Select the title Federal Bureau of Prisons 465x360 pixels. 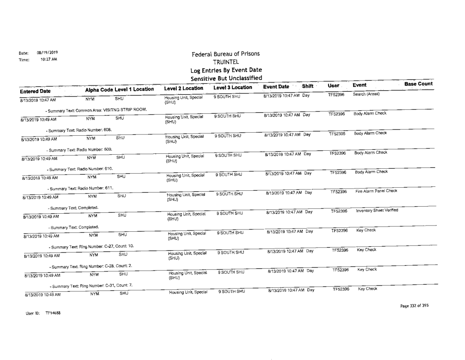pos(225,54)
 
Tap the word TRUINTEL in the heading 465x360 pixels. pos(225,62)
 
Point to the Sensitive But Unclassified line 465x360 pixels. pos(225,78)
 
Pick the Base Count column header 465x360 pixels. pos(418,84)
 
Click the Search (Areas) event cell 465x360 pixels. pos(368,94)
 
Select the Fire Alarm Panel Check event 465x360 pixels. pos(376,191)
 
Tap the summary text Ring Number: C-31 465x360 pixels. pos(91,286)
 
